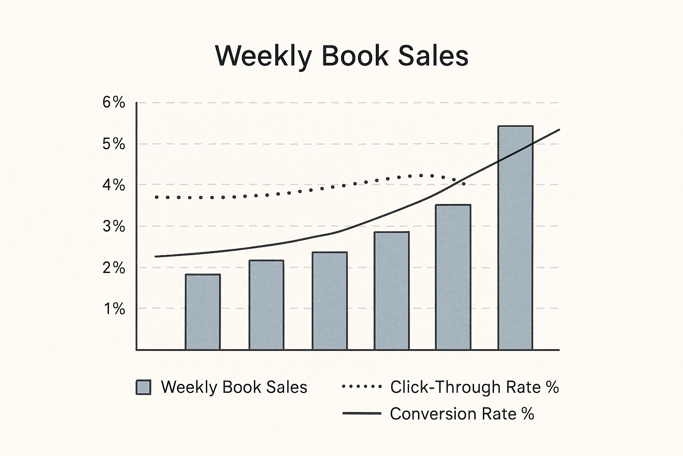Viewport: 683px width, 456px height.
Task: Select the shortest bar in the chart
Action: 203,312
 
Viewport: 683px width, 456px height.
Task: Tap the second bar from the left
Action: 266,305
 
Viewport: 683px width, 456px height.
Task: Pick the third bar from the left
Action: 329,301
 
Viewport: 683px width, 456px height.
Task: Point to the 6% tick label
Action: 113,103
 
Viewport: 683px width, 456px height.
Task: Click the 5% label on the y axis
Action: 113,144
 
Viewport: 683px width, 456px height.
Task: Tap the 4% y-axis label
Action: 113,185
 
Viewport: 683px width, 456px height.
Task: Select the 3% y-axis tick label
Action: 113,226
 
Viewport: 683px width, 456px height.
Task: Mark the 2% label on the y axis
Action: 113,268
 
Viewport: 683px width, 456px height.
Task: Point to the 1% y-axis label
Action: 114,309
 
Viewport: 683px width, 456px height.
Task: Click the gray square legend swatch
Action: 143,387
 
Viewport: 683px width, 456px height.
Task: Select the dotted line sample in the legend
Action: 362,387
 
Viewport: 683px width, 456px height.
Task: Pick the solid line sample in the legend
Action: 362,414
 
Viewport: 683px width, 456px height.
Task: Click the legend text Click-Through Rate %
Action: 474,387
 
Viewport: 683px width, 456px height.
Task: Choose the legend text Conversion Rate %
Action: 462,414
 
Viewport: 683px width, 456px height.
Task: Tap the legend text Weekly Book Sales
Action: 234,387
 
